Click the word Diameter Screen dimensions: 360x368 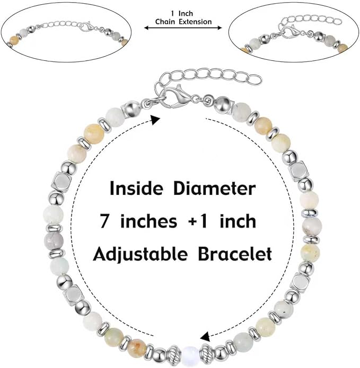214,188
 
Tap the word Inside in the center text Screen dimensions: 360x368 136,188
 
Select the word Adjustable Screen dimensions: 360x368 140,255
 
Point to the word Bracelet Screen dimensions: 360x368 235,254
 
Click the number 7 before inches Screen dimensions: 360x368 104,221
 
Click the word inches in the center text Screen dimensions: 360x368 148,221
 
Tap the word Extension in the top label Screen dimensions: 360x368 195,22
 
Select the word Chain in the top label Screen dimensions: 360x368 165,22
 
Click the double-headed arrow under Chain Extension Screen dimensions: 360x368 183,28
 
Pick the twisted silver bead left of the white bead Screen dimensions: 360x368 174,352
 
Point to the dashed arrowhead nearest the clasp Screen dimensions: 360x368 155,120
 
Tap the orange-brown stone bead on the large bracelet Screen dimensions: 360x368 138,345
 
